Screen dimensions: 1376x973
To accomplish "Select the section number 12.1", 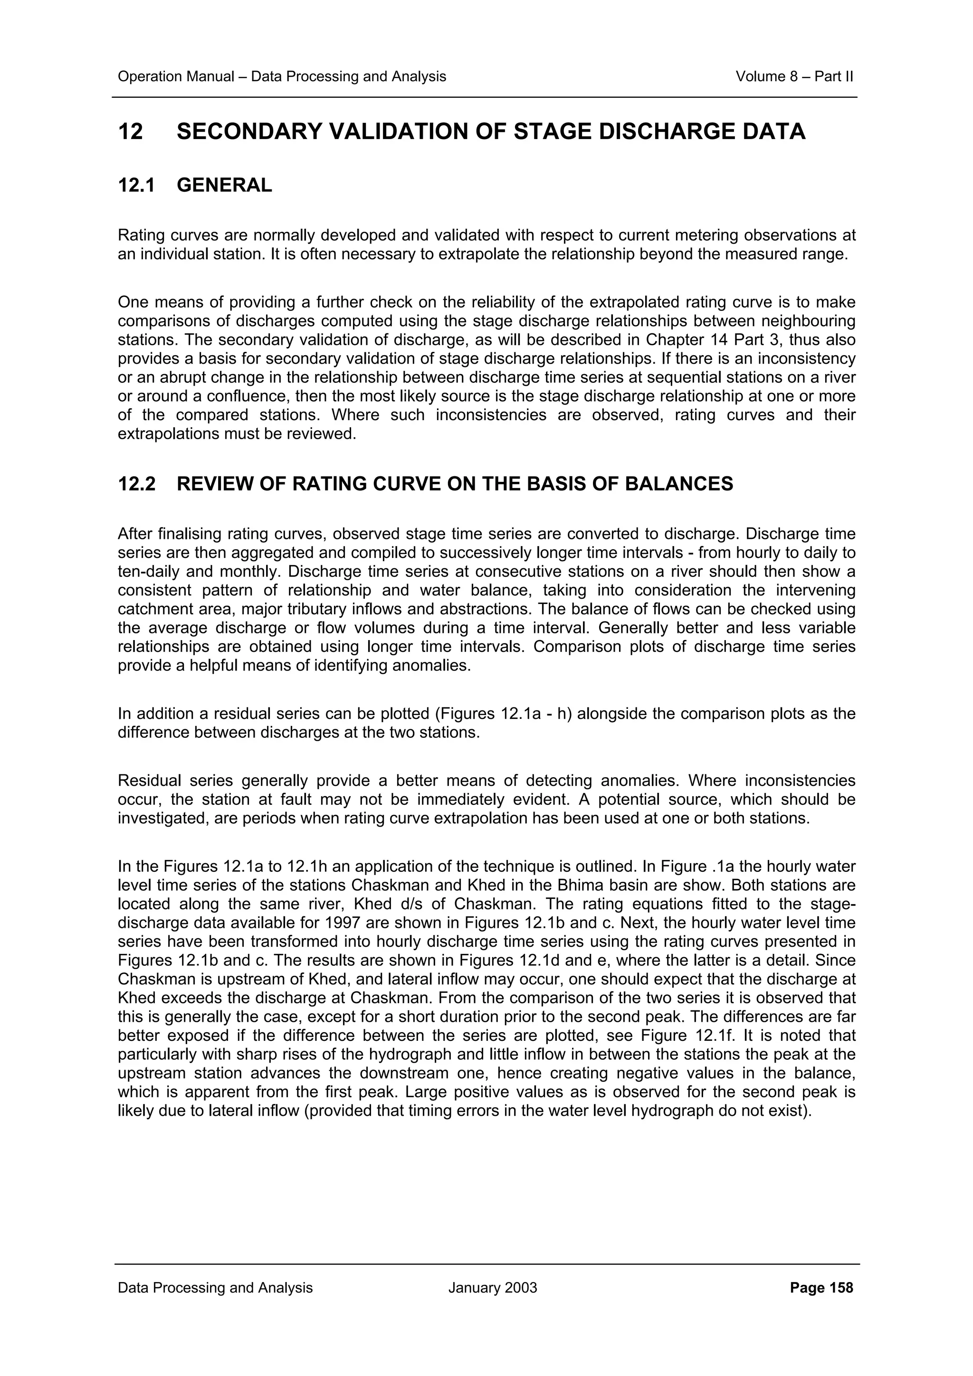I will coord(137,185).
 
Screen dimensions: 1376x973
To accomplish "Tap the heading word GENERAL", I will coord(224,185).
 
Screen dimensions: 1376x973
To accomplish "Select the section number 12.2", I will coord(137,484).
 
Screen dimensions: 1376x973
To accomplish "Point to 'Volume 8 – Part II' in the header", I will coord(794,77).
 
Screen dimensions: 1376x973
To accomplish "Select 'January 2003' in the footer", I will coord(492,1287).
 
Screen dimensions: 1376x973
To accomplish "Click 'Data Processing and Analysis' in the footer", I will coord(215,1287).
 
